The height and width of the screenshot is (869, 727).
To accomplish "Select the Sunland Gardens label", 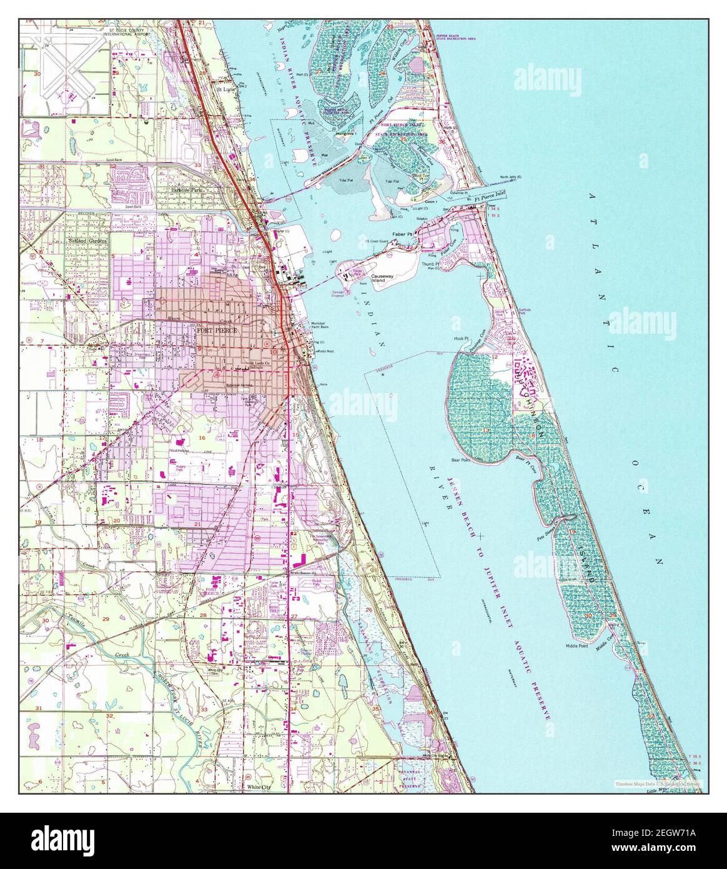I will pos(88,240).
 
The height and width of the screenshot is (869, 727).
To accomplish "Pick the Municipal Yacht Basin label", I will pos(324,325).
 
